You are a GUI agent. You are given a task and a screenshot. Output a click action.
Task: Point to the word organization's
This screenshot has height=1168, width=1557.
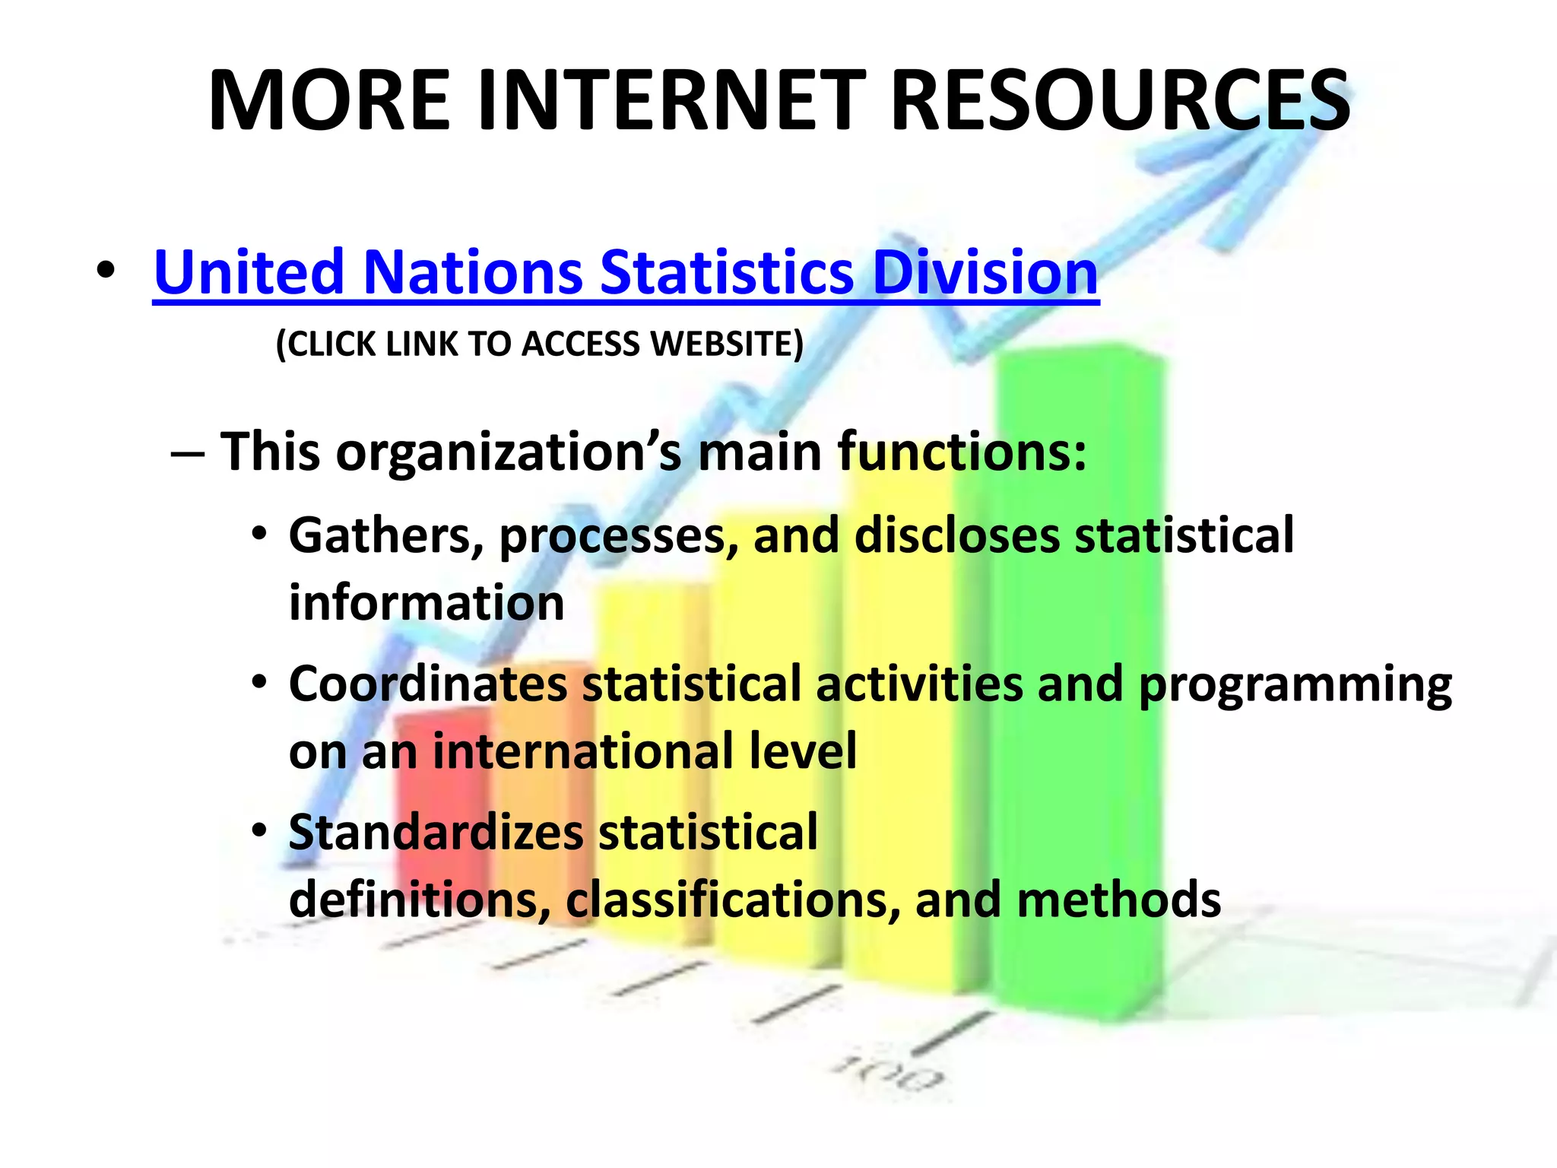(509, 452)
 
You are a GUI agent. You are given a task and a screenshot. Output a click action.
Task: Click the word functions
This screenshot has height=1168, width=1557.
(962, 452)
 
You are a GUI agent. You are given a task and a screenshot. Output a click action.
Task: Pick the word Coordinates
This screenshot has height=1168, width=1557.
(428, 684)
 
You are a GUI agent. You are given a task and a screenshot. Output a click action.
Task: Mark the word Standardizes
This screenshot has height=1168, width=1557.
(436, 832)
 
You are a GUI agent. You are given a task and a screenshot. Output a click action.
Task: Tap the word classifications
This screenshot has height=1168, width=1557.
(733, 900)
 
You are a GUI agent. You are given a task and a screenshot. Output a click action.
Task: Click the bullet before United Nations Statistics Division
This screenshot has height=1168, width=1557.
(106, 271)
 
